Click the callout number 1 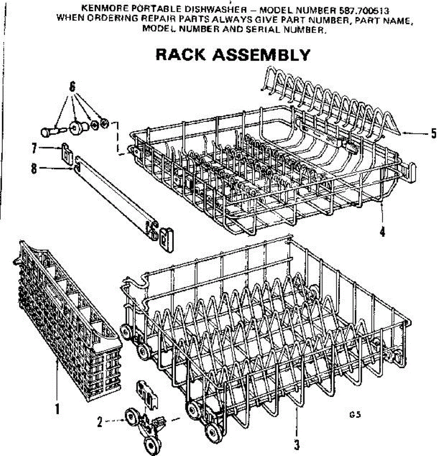[x=57, y=409]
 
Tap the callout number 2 [x=99, y=422]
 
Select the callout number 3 [x=297, y=444]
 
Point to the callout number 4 [x=382, y=231]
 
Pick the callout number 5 [x=433, y=133]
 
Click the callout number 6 [x=72, y=87]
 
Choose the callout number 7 [x=34, y=147]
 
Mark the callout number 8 [x=34, y=168]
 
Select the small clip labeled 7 [x=67, y=153]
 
